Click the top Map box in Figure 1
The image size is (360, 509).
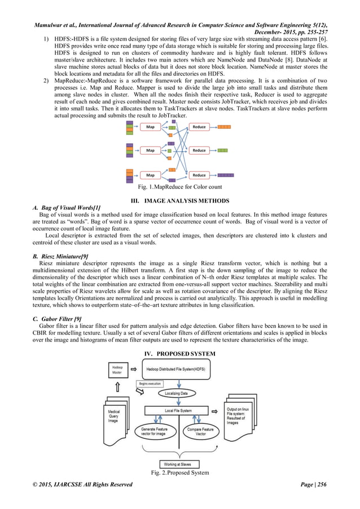151,127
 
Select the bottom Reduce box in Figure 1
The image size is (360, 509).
199,175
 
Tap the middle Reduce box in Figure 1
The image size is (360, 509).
199,151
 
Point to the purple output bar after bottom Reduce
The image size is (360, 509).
226,175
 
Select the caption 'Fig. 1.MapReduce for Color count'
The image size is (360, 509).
180,187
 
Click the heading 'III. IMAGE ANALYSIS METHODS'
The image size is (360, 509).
180,200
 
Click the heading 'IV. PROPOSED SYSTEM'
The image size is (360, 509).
180,353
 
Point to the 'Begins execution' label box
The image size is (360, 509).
151,383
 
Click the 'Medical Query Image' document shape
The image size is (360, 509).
117,418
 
